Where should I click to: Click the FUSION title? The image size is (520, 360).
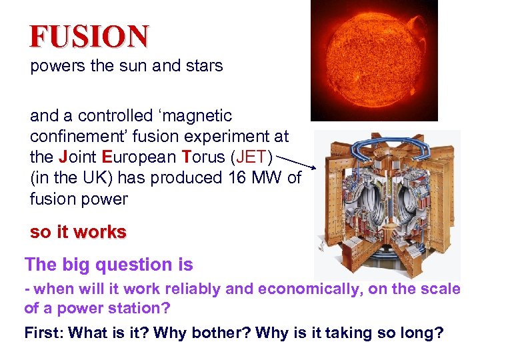[89, 36]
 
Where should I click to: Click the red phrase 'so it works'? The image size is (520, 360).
[78, 232]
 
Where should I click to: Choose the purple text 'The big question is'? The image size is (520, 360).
[109, 265]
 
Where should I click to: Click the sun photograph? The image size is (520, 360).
[374, 60]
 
